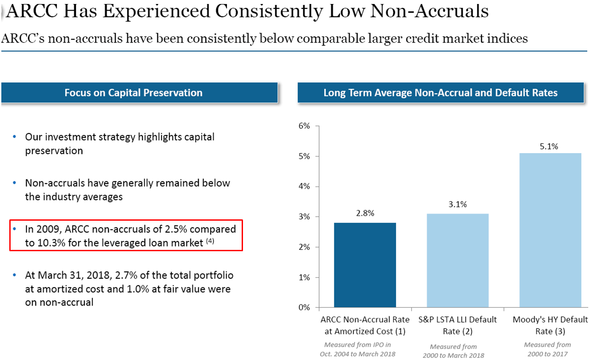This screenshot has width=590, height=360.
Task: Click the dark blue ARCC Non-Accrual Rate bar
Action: click(x=365, y=265)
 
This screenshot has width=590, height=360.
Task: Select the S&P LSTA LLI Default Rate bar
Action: click(x=458, y=260)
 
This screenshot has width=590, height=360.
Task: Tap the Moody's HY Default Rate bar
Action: click(x=550, y=230)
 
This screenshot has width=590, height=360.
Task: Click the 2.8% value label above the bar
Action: click(x=365, y=213)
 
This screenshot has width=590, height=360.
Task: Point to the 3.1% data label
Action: click(x=458, y=204)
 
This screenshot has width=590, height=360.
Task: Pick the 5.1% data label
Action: click(x=549, y=146)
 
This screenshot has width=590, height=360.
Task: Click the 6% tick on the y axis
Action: click(x=305, y=126)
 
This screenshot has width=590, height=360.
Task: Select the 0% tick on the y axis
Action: click(x=305, y=307)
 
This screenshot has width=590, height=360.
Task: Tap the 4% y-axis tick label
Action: click(x=305, y=187)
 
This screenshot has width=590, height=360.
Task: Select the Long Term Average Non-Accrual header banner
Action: click(x=440, y=93)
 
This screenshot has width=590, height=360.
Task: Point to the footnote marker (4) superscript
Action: click(x=210, y=241)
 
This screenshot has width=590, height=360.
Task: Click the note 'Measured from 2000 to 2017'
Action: click(x=548, y=349)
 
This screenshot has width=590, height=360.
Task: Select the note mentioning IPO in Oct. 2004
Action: click(x=358, y=349)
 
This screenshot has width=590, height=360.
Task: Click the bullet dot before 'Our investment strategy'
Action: click(x=15, y=137)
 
